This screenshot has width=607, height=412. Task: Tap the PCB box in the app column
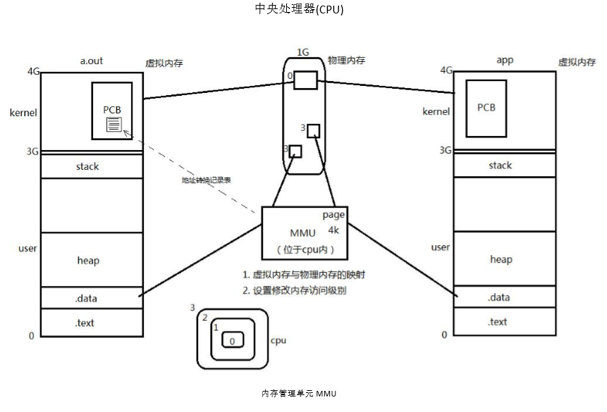[486, 107]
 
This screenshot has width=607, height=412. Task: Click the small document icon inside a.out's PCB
[114, 125]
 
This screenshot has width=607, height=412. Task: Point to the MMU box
[305, 233]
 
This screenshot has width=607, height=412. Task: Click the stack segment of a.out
[87, 167]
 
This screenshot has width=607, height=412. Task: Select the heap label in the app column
[501, 259]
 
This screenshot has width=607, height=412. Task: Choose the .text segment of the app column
[497, 322]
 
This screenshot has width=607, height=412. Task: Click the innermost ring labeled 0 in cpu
[232, 341]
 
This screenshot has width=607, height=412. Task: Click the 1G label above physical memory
[303, 53]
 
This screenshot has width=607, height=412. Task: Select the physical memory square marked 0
[305, 80]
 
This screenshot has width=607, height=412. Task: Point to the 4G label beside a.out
[32, 71]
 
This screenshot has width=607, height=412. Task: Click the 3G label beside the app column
[445, 150]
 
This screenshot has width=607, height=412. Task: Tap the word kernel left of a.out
[23, 113]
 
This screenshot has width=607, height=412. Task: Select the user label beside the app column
[441, 247]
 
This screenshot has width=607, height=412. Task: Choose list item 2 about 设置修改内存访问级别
[294, 290]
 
